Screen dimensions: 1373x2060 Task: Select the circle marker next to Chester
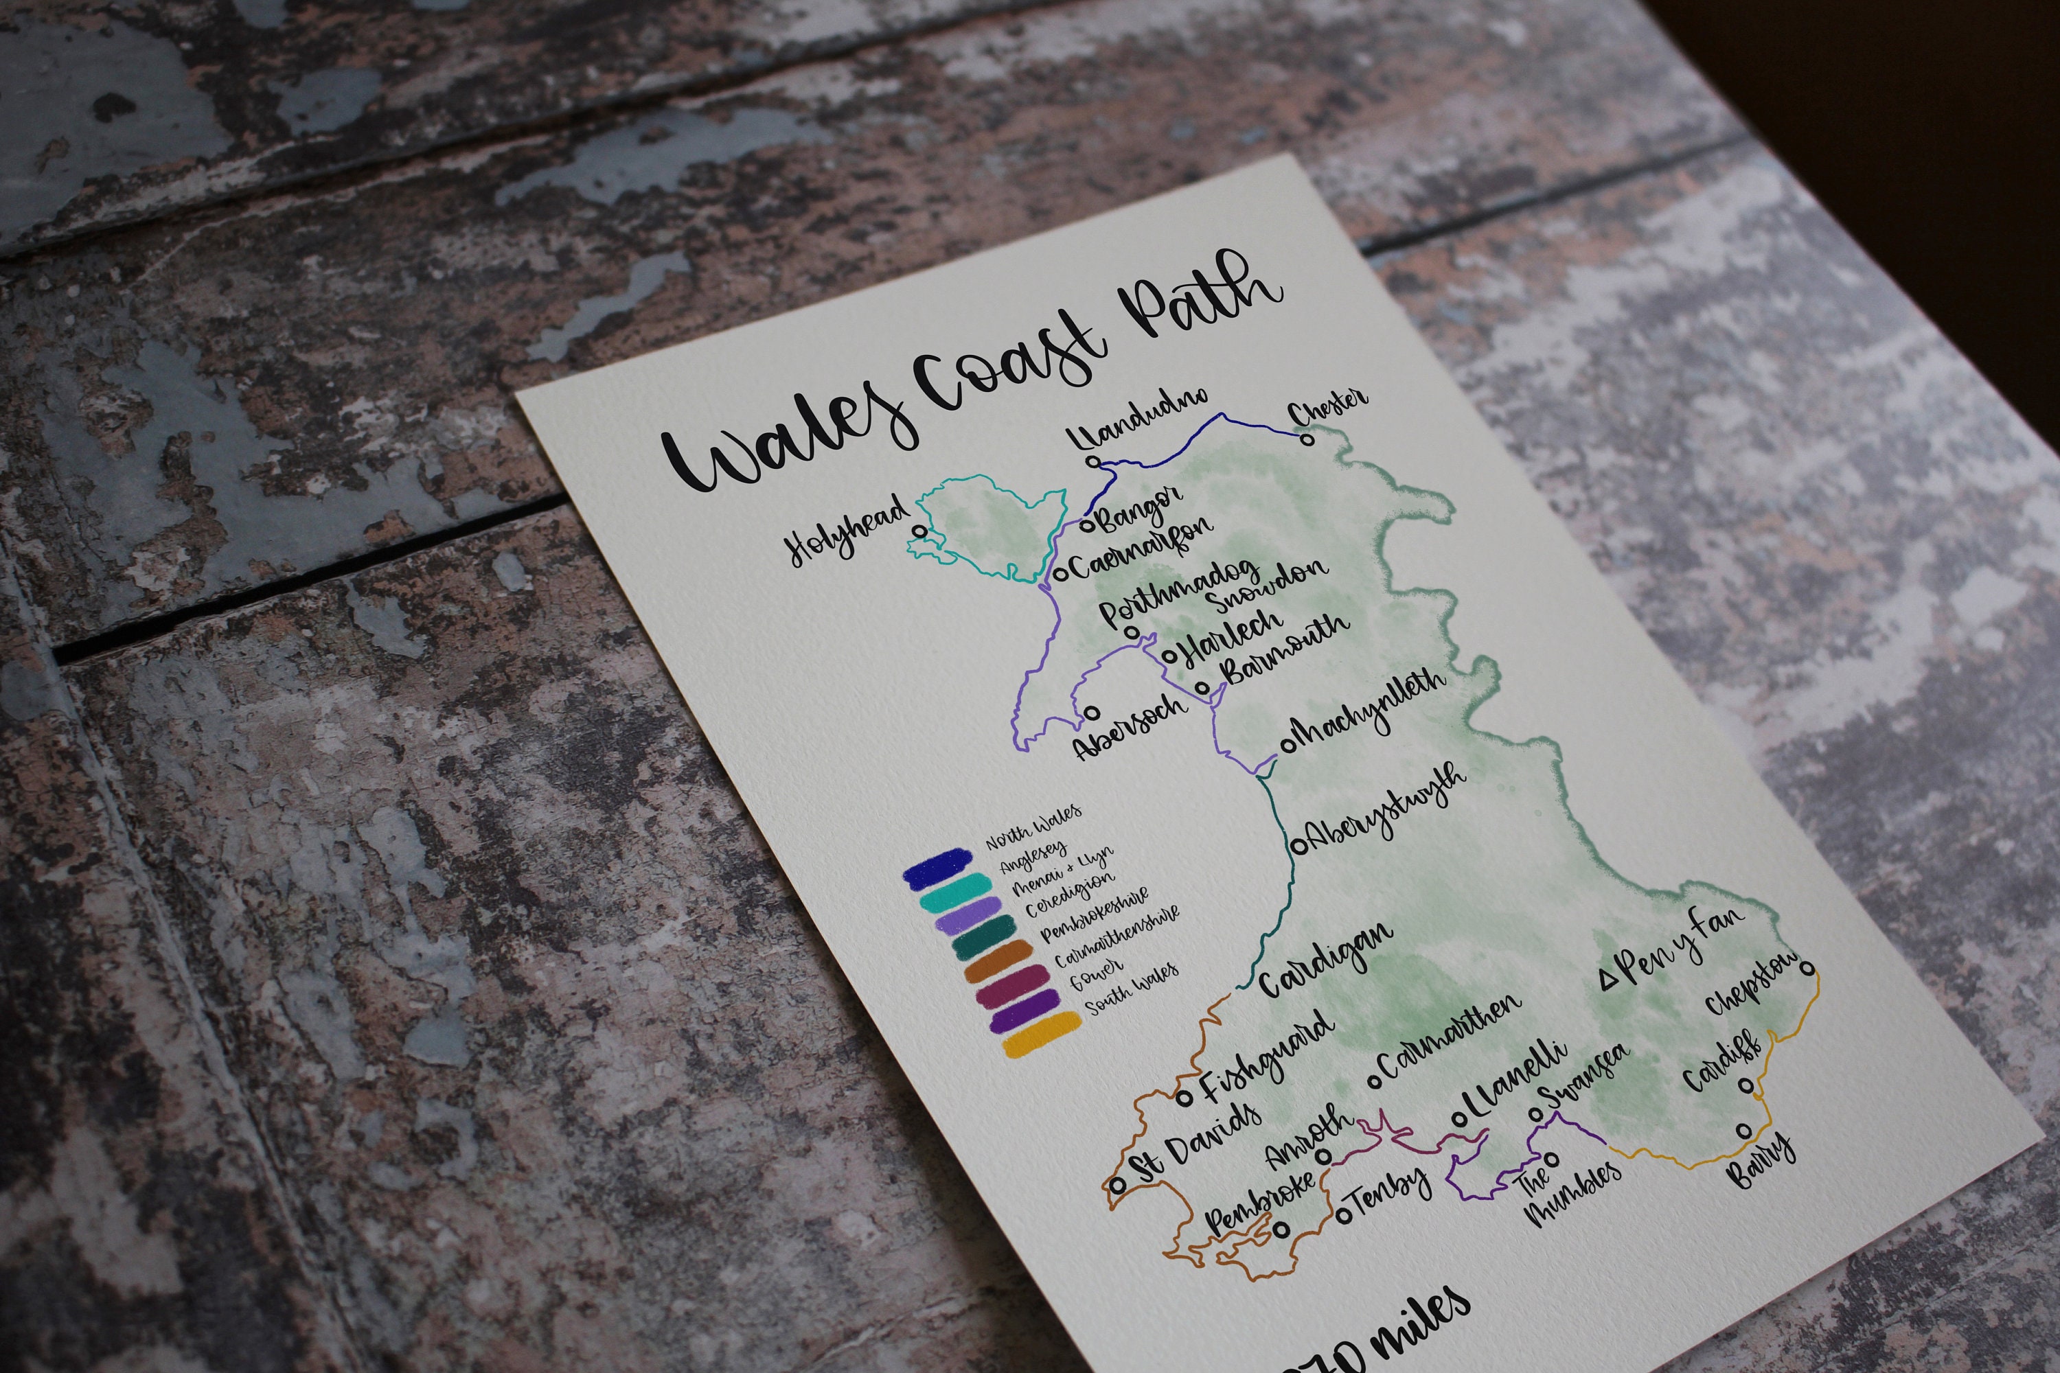[x=1307, y=439]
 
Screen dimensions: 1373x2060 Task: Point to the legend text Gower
[x=1095, y=975]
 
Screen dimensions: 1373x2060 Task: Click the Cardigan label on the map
[x=1326, y=960]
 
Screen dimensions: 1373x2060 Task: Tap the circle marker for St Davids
[x=1118, y=1185]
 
